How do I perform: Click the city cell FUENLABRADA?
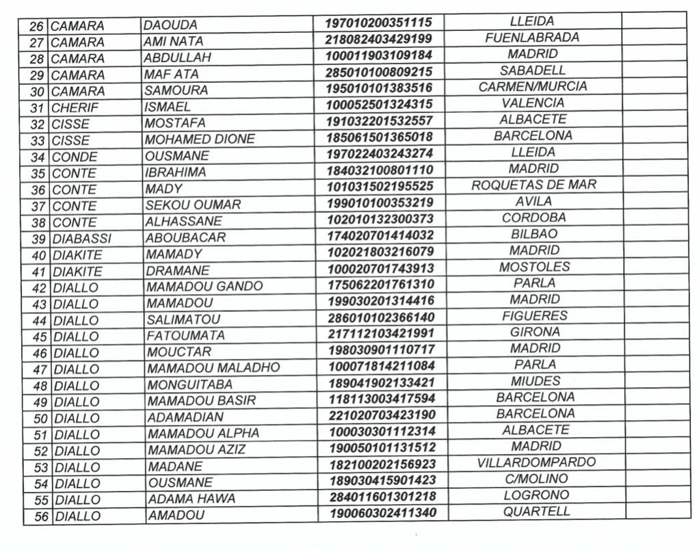pyautogui.click(x=532, y=38)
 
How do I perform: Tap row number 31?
pyautogui.click(x=38, y=107)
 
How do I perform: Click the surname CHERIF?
pyautogui.click(x=75, y=107)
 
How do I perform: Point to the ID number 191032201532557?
pyautogui.click(x=380, y=121)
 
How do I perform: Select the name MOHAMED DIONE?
pyautogui.click(x=200, y=140)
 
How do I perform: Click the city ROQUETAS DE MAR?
pyautogui.click(x=533, y=185)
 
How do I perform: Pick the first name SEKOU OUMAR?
pyautogui.click(x=193, y=205)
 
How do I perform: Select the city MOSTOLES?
pyautogui.click(x=534, y=267)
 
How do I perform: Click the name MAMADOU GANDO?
pyautogui.click(x=205, y=287)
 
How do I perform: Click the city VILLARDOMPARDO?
pyautogui.click(x=536, y=463)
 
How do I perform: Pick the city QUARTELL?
pyautogui.click(x=537, y=512)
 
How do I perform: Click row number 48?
pyautogui.click(x=40, y=386)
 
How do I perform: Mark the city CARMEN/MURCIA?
pyautogui.click(x=533, y=87)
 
